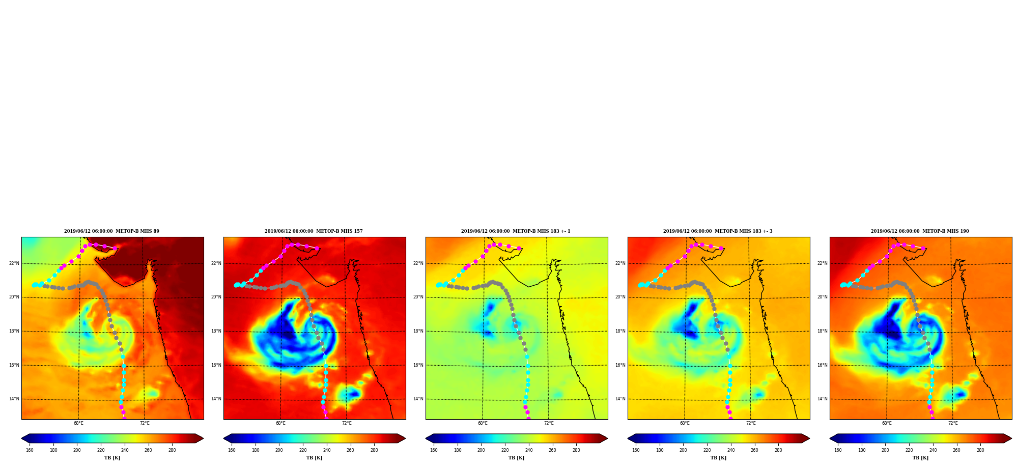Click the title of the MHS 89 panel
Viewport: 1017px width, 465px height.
coord(111,231)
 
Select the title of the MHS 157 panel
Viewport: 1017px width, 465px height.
coord(314,231)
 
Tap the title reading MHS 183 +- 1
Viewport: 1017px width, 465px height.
coord(516,231)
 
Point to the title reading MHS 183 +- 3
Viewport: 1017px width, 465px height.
coord(718,231)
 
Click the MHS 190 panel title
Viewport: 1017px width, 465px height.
coord(920,231)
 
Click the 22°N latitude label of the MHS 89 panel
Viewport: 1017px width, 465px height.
coord(14,263)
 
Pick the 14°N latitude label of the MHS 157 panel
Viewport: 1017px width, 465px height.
coord(216,399)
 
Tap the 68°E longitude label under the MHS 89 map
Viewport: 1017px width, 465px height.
coord(78,423)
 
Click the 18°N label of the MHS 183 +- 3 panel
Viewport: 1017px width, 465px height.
coord(620,331)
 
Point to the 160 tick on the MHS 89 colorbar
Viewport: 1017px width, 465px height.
coord(30,450)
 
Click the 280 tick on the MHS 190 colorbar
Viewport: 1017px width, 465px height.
coord(980,450)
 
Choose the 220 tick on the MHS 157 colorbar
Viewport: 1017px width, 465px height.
coord(303,450)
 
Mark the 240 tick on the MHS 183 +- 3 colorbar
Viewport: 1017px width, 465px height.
coord(731,450)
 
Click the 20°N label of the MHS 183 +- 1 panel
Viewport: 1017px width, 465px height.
coord(418,297)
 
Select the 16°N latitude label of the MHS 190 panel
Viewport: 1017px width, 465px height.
coord(823,365)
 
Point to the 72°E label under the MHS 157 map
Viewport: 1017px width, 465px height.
coord(347,423)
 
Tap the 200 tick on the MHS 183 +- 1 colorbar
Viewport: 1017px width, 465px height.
coord(481,450)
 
